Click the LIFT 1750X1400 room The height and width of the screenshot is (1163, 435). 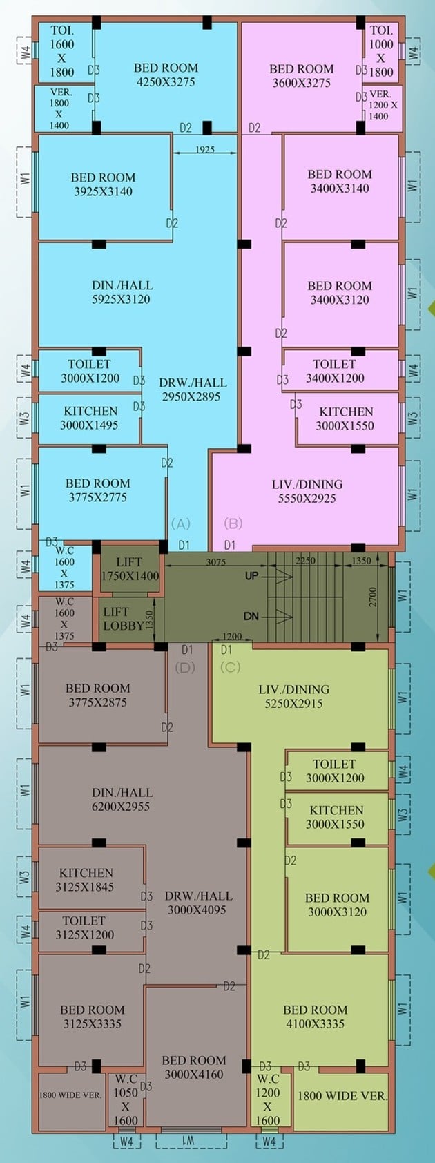coord(130,568)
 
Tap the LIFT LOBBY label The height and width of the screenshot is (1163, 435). coord(124,619)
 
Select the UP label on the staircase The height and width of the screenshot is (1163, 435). coord(252,576)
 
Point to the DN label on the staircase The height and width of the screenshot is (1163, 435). coord(251,616)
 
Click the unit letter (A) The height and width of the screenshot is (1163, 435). coord(181,523)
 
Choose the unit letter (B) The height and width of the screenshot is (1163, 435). coord(233,523)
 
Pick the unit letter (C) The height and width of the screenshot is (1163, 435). coord(231,667)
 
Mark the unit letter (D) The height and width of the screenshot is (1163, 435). coord(185,667)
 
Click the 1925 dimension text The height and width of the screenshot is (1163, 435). coord(205,150)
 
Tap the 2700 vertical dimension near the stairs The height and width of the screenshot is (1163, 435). coord(373,597)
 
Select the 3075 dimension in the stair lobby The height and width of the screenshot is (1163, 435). coord(216,561)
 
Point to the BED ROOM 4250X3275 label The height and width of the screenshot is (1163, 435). coord(166,75)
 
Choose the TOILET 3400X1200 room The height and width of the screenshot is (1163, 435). coord(340,369)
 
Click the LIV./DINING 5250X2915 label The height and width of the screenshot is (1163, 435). coord(294,696)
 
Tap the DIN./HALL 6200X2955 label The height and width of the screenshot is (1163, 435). coord(122,800)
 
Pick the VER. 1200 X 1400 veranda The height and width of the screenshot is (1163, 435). coord(383,108)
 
